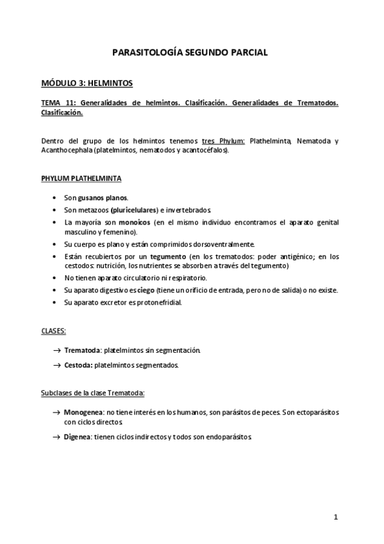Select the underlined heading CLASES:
point(54,332)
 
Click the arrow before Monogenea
point(57,411)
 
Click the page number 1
point(335,517)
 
